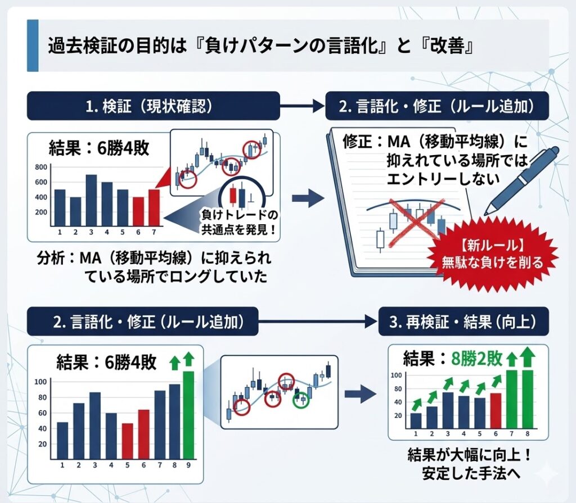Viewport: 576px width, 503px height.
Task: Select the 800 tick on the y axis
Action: tap(41, 167)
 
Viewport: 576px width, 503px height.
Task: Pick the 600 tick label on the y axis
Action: tap(41, 183)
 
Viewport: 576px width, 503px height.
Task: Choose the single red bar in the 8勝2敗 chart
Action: tap(496, 410)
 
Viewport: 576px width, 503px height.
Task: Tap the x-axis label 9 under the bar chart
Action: tap(188, 465)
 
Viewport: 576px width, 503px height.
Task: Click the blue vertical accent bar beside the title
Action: tap(33, 46)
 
